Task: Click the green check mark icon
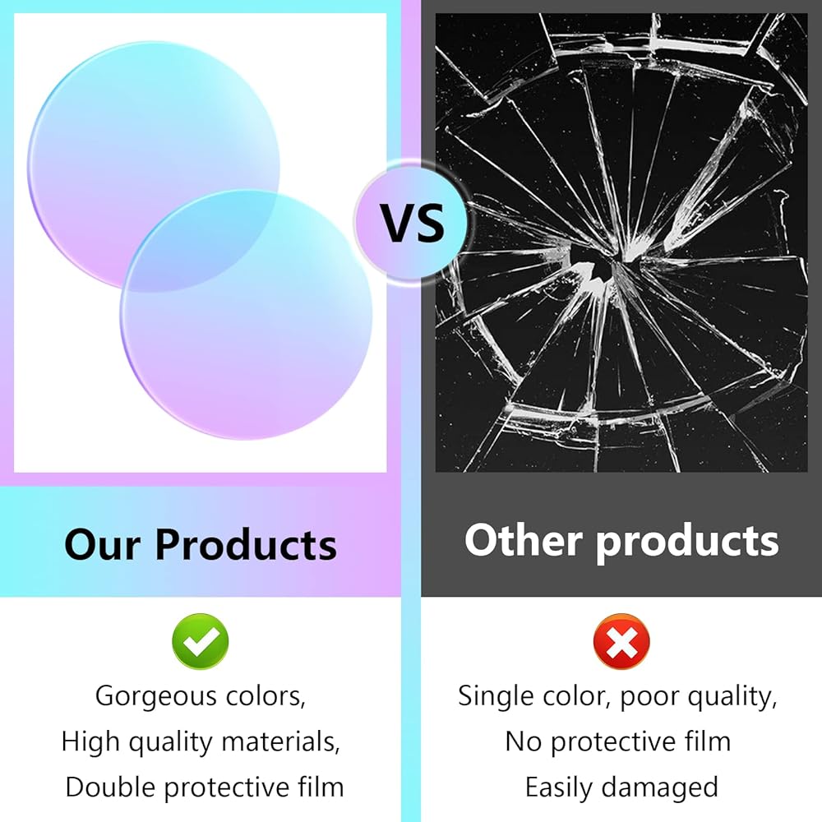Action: tap(201, 641)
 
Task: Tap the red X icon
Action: tap(621, 641)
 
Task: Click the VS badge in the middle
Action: tap(412, 222)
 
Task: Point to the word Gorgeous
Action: tap(155, 697)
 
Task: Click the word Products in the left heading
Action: tap(246, 545)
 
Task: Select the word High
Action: tap(90, 742)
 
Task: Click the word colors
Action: tap(266, 697)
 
